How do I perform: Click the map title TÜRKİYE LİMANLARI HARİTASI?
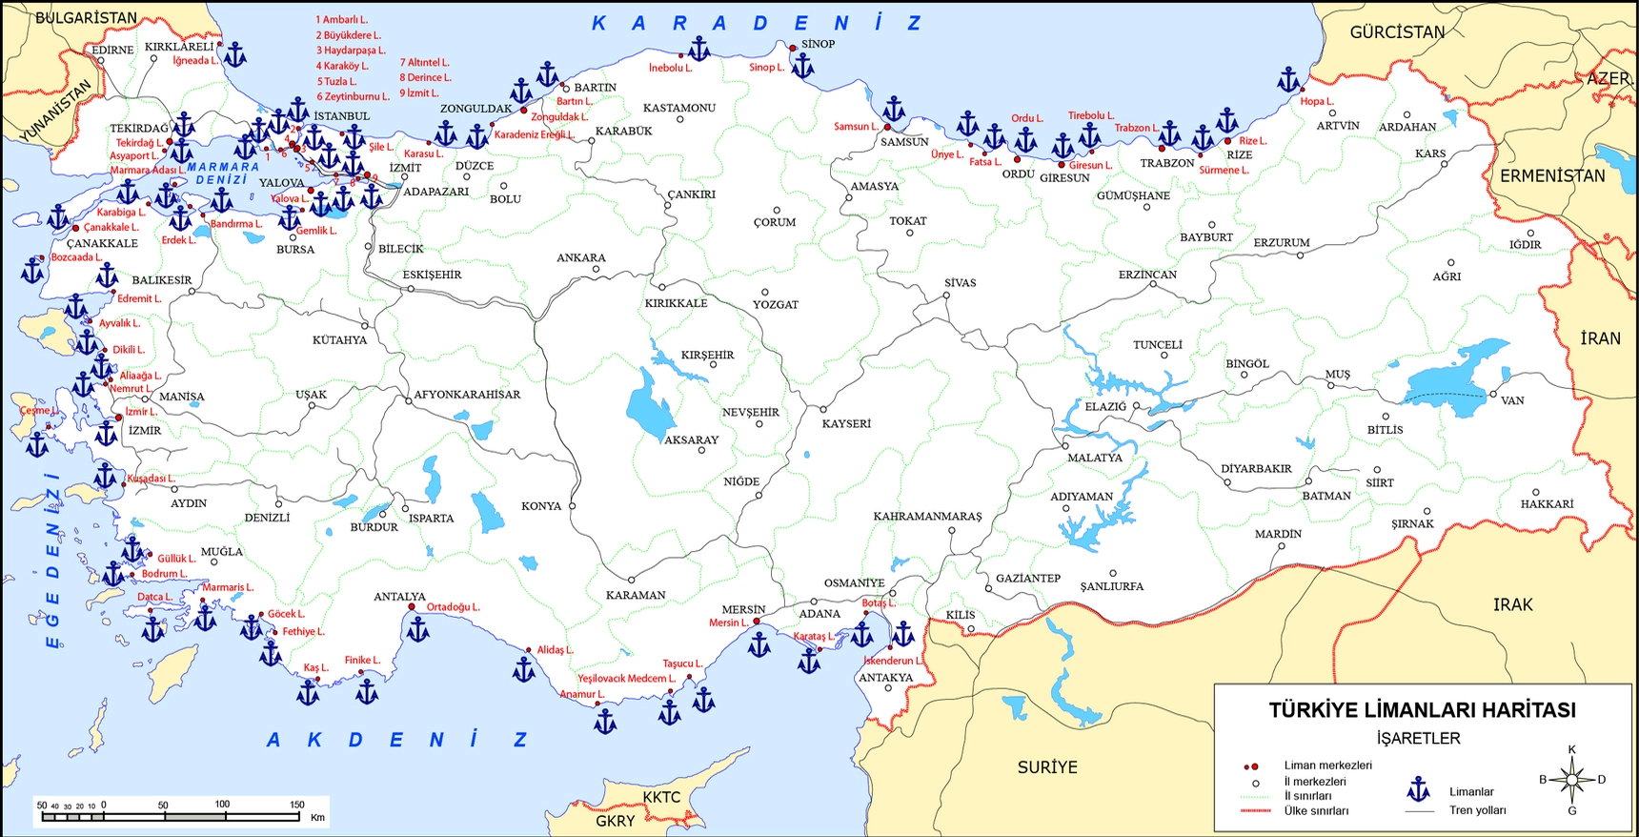[1421, 710]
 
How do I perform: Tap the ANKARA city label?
[580, 257]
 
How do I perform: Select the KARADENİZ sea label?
[758, 23]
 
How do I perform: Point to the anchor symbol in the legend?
[1419, 789]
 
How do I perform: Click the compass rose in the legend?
[1571, 780]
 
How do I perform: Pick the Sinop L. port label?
[766, 68]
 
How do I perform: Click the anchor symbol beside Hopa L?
[1288, 80]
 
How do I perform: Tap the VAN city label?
[1512, 400]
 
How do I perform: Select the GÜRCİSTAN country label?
[1397, 32]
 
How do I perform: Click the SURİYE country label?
[1046, 767]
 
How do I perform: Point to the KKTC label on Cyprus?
[661, 797]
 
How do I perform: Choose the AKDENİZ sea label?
[396, 740]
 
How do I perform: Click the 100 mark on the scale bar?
[222, 805]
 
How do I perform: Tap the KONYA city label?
[540, 506]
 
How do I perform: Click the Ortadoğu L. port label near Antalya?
[453, 607]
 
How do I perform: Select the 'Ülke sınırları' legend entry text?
[1316, 811]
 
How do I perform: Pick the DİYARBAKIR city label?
[1256, 468]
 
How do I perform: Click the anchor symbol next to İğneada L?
[234, 54]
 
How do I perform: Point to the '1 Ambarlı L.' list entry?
[341, 19]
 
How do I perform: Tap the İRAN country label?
[1600, 338]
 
